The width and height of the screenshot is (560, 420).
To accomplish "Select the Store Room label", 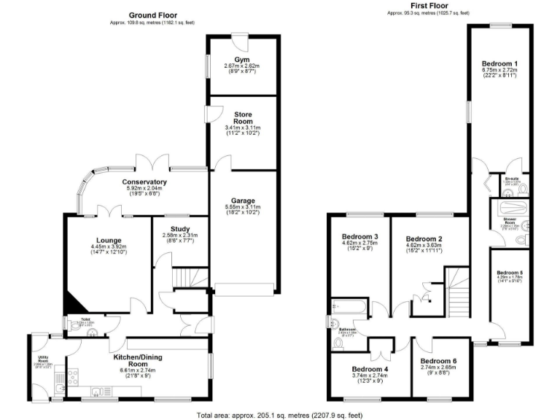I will click(242, 119).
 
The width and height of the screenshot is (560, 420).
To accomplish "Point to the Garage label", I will click(243, 201).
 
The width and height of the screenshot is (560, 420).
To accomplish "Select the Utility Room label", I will click(42, 360).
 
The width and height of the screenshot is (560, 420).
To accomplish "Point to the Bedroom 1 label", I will click(499, 64).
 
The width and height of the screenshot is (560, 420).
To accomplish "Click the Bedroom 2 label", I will click(424, 239).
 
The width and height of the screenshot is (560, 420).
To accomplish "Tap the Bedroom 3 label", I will click(360, 237).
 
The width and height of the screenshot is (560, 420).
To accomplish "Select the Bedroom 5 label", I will click(511, 273).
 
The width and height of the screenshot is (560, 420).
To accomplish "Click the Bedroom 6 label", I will click(439, 362).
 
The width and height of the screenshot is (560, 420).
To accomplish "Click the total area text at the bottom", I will click(279, 415).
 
